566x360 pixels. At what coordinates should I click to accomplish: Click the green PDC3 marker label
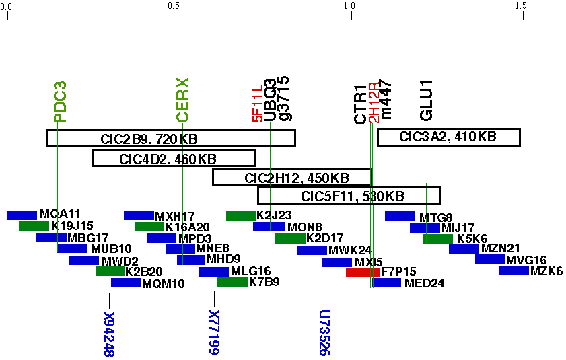coord(60,102)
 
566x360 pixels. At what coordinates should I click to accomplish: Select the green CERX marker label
coord(182,100)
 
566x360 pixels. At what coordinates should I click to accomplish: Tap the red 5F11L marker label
coord(257,104)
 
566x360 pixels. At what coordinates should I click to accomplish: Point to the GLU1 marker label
coord(427,101)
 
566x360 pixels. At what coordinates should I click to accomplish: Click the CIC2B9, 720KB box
coord(171,138)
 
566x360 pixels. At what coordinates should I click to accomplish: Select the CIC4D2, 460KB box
coord(174,158)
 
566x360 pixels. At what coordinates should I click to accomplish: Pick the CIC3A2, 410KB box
coord(449,137)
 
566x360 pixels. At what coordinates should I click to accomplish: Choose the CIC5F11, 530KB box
coord(349,196)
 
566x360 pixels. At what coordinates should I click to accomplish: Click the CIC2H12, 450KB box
coord(292,178)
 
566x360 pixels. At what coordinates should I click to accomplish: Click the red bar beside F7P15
coord(362,273)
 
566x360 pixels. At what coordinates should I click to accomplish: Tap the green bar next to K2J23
coord(240,215)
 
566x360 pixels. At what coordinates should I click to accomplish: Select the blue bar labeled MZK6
coord(513,271)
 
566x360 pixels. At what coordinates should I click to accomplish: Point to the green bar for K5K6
coord(437,238)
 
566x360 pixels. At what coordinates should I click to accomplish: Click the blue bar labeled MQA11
coord(22,215)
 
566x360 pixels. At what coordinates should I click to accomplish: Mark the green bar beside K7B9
coord(232,281)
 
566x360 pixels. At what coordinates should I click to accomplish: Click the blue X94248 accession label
coord(109,334)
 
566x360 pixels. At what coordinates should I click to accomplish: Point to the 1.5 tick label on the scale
coord(520,5)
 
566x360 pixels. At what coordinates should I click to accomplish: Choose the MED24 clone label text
coord(424,283)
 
